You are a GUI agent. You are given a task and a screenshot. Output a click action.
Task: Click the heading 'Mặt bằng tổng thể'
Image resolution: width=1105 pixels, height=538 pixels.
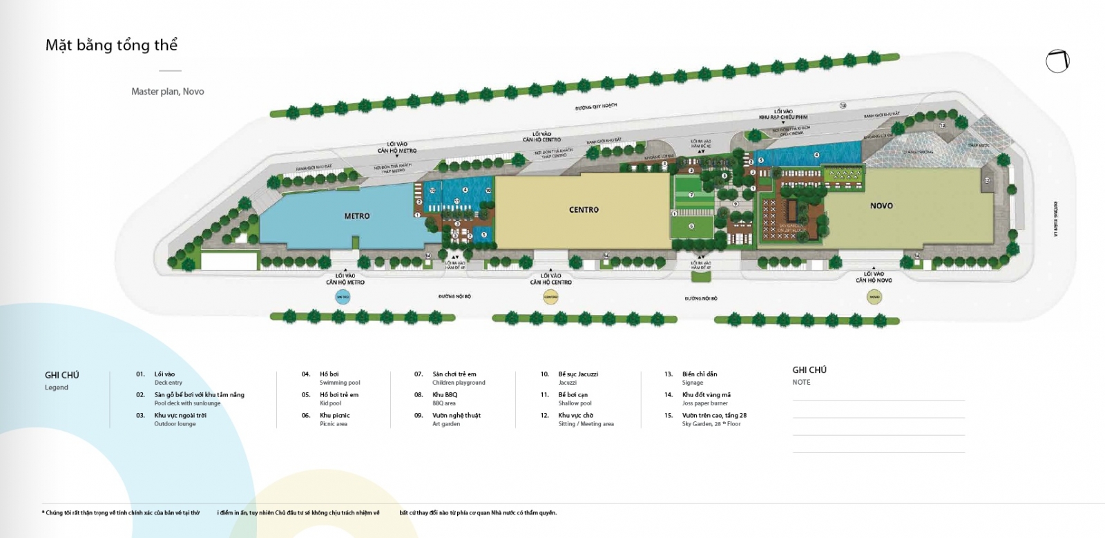pyautogui.click(x=111, y=46)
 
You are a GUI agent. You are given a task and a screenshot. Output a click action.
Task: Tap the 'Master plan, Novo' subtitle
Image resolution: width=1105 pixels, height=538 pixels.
pyautogui.click(x=167, y=91)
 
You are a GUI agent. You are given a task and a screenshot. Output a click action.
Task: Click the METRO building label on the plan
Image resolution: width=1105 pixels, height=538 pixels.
pyautogui.click(x=357, y=216)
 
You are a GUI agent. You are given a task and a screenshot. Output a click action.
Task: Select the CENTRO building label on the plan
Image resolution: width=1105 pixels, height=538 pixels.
pyautogui.click(x=584, y=210)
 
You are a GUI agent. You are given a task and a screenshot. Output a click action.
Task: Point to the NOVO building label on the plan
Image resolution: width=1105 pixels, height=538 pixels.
pyautogui.click(x=881, y=206)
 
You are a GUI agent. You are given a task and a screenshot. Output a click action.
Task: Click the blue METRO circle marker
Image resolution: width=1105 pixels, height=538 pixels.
pyautogui.click(x=343, y=297)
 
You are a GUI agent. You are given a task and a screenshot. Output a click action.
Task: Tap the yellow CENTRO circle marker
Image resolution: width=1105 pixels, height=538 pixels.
pyautogui.click(x=550, y=297)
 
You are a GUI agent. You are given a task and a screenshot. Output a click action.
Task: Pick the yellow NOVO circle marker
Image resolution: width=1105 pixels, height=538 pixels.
pyautogui.click(x=874, y=297)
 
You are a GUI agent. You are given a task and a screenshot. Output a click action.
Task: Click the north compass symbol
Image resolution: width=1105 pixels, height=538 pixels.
pyautogui.click(x=1057, y=61)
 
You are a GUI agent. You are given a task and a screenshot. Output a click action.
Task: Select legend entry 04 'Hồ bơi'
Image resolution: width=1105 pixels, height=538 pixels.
pyautogui.click(x=329, y=374)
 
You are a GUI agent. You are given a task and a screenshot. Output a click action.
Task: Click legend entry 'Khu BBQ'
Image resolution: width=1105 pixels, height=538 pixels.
pyautogui.click(x=445, y=395)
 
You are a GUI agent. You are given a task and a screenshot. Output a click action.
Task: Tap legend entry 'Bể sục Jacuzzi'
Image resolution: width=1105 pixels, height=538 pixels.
pyautogui.click(x=578, y=374)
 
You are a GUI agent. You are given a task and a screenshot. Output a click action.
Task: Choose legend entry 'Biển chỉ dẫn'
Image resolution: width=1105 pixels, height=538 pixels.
pyautogui.click(x=700, y=374)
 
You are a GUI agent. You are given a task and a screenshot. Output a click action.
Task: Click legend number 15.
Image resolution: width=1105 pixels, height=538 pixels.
pyautogui.click(x=668, y=416)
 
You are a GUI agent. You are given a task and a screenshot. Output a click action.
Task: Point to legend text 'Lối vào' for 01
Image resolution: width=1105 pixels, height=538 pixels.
pyautogui.click(x=164, y=374)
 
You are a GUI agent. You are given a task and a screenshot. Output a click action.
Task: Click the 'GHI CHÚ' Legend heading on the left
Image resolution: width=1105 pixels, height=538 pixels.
pyautogui.click(x=62, y=375)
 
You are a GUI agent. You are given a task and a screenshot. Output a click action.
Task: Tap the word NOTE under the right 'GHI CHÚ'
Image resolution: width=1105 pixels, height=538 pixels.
pyautogui.click(x=801, y=383)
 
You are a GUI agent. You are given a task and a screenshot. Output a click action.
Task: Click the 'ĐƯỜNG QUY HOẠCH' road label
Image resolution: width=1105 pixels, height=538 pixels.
pyautogui.click(x=595, y=107)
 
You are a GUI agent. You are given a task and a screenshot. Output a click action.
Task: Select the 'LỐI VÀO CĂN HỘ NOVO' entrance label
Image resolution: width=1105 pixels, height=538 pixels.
pyautogui.click(x=874, y=277)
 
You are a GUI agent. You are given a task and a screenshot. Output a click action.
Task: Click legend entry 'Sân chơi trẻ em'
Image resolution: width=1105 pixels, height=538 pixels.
pyautogui.click(x=454, y=374)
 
